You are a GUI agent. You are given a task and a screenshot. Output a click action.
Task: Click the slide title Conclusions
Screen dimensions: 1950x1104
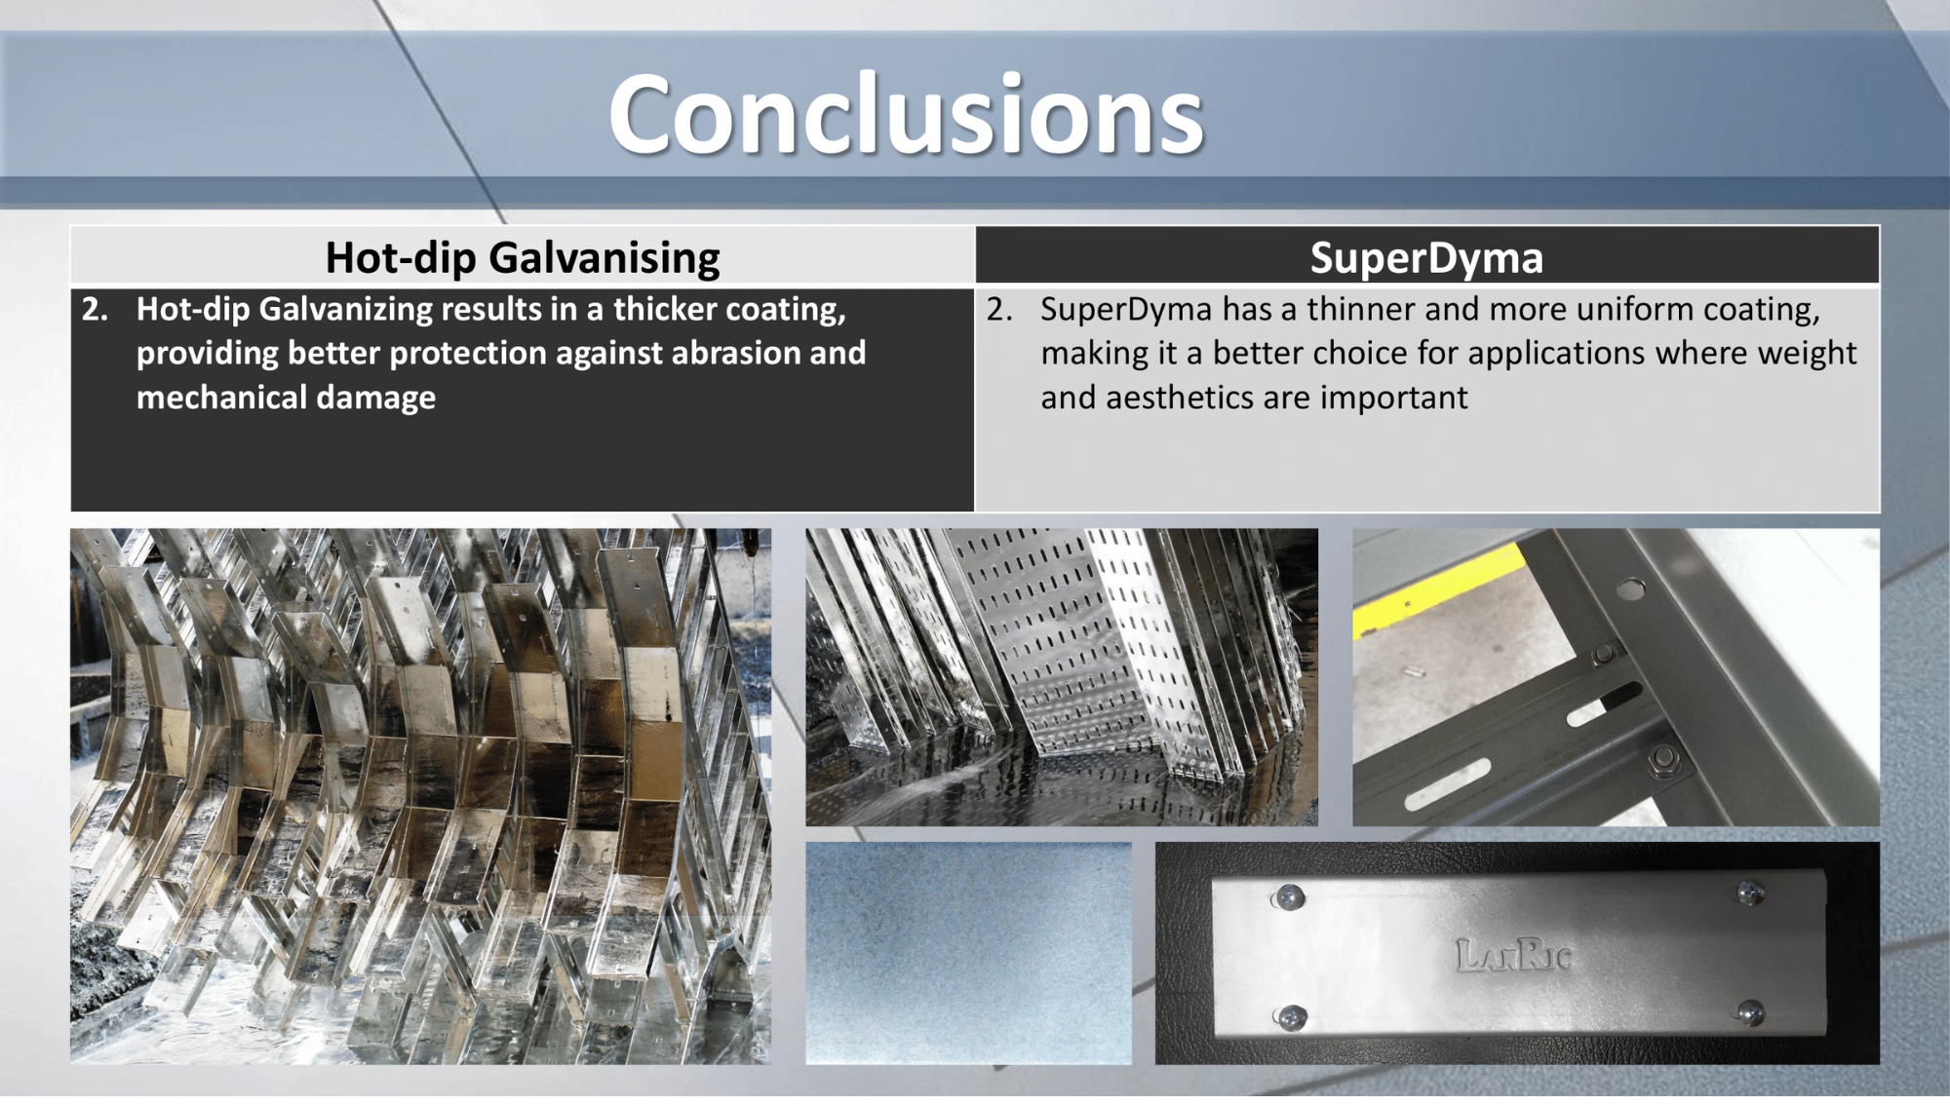coord(906,115)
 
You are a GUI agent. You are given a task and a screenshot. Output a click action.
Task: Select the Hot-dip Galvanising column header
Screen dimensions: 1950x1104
coord(523,258)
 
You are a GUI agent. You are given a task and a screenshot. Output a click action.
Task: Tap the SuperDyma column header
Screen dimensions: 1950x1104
coord(1426,258)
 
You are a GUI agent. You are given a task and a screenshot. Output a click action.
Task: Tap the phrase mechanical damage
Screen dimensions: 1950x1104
coord(286,399)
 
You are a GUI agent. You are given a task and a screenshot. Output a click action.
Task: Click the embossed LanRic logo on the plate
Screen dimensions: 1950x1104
coord(1513,955)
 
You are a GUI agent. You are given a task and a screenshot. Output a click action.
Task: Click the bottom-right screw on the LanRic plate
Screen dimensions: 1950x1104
coord(1750,1012)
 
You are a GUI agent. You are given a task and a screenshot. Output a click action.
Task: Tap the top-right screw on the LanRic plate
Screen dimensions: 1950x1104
coord(1750,891)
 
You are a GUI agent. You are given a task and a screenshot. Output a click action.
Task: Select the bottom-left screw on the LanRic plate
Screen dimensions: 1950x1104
coord(1288,1018)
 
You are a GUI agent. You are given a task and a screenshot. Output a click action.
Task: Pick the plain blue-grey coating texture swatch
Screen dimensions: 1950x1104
coord(968,953)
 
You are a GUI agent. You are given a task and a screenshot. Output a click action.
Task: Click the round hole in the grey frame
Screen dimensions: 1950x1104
coord(1631,589)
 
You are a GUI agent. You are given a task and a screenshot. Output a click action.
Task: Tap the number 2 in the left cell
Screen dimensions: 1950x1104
coord(95,309)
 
